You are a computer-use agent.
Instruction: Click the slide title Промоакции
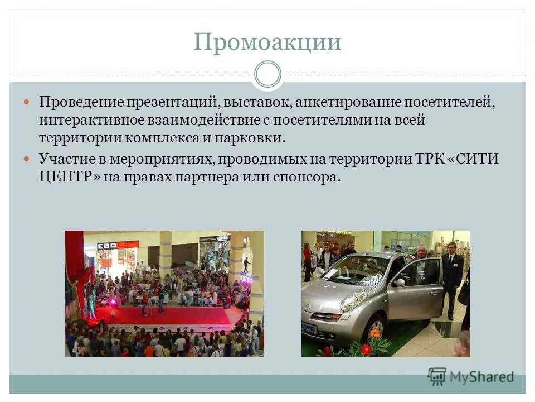tap(267, 42)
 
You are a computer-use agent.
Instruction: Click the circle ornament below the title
tap(267, 75)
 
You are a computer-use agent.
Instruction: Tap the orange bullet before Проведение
tap(27, 103)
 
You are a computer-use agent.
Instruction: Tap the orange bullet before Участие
tap(27, 158)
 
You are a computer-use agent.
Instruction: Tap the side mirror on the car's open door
tap(398, 283)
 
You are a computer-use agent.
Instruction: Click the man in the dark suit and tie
tap(451, 279)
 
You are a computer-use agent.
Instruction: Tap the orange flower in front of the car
tap(374, 333)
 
